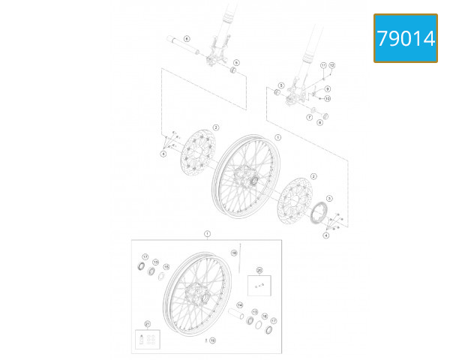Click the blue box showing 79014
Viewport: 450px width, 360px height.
click(x=406, y=38)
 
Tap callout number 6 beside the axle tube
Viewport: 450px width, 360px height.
click(x=187, y=37)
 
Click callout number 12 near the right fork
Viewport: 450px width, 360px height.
click(x=331, y=66)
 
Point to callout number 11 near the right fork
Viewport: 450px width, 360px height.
click(x=323, y=66)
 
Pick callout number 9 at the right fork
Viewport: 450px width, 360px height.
click(x=328, y=89)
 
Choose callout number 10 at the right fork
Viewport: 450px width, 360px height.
click(x=328, y=98)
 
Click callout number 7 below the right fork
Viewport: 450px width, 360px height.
click(x=308, y=118)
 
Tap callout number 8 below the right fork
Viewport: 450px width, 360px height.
click(x=319, y=122)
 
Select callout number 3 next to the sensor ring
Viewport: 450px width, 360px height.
click(x=328, y=198)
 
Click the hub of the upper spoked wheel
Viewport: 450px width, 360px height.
click(x=247, y=180)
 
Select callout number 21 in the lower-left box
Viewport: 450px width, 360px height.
click(x=148, y=324)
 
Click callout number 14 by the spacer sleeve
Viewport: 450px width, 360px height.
click(x=240, y=305)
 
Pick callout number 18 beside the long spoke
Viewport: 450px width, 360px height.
click(x=234, y=253)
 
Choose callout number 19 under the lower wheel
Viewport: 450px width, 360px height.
click(x=212, y=340)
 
